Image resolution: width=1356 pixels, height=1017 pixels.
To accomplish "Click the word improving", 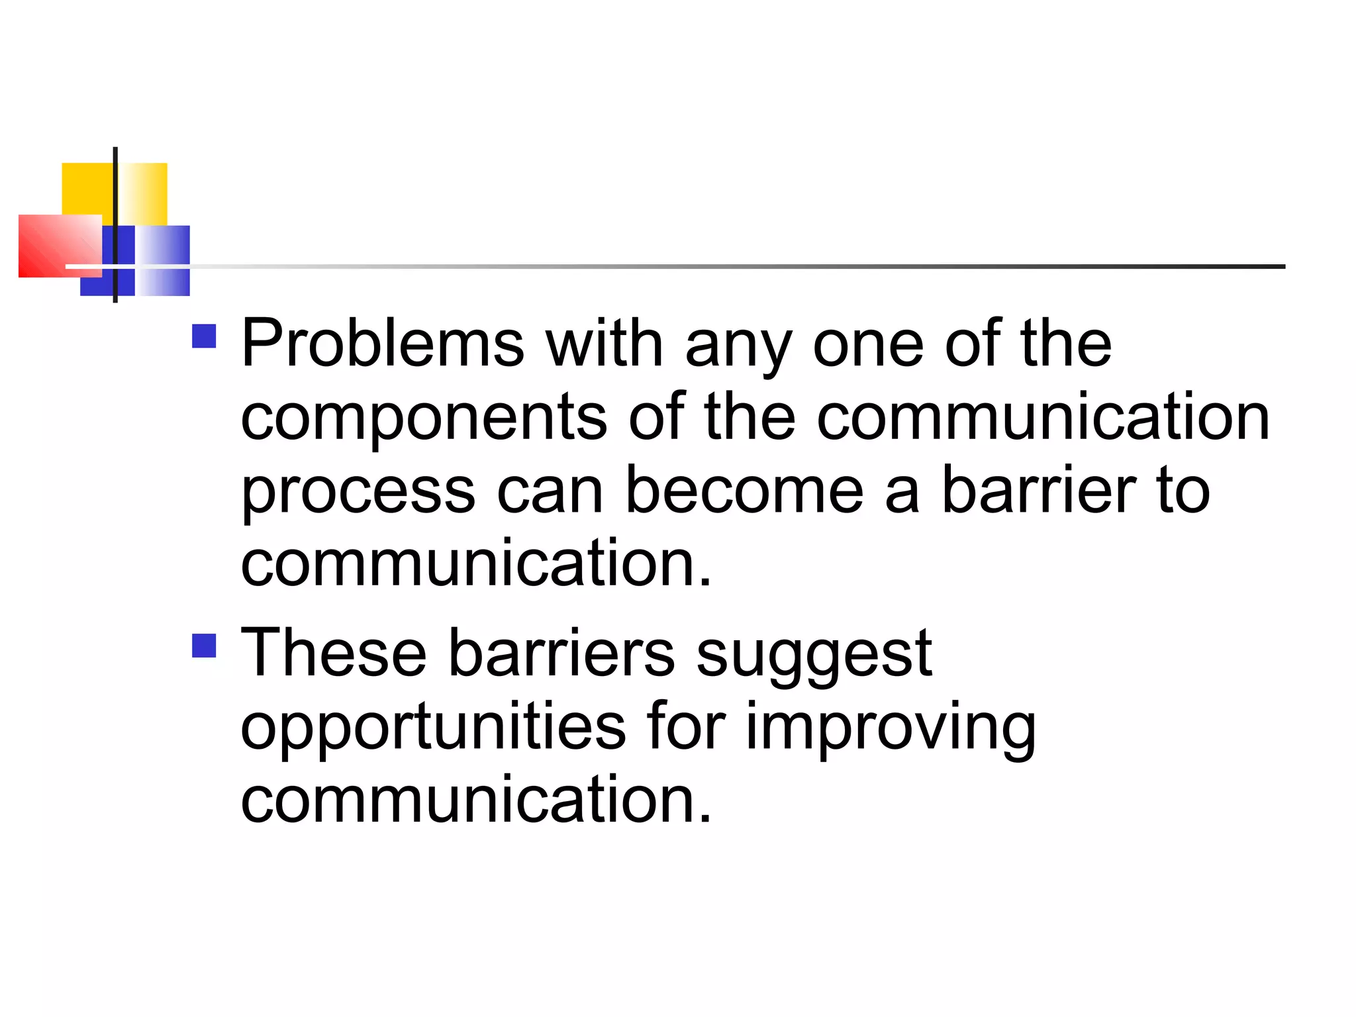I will point(891,728).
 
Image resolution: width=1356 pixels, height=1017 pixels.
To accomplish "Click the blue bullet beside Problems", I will point(204,336).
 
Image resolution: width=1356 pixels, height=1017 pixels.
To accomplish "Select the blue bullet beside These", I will point(204,646).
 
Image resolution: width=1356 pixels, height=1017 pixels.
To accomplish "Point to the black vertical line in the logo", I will point(115,199).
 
